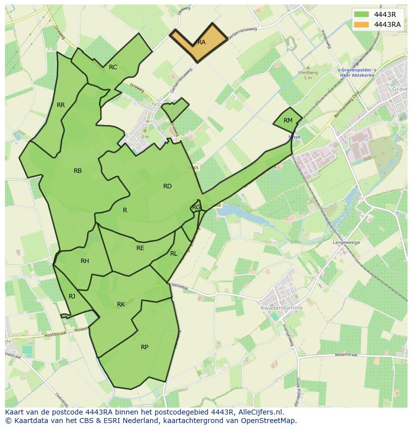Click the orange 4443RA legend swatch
362,24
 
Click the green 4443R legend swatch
362,14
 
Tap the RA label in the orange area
202,42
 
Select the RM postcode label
288,121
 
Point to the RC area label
113,67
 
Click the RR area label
61,105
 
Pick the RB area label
78,171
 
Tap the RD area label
167,186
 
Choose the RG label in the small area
197,207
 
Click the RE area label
140,248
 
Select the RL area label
174,254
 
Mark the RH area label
85,261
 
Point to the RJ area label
72,296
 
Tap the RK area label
121,304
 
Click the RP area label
144,347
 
